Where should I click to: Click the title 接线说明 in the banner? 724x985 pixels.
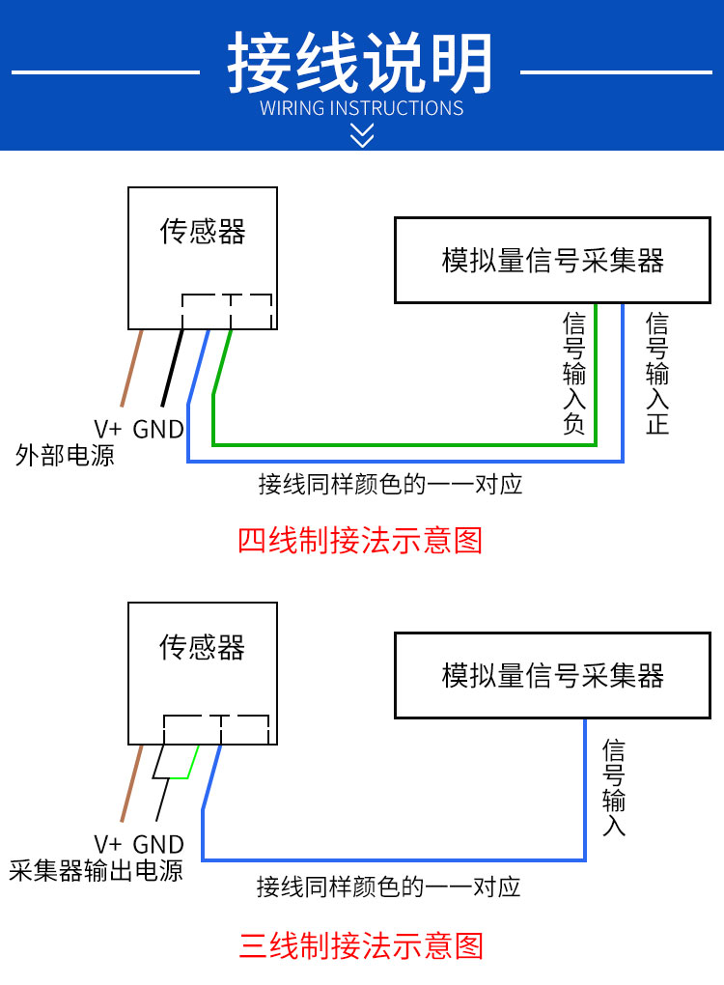pos(360,63)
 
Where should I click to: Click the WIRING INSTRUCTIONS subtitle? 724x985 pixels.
pos(362,108)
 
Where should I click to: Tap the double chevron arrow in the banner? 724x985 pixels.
pos(362,135)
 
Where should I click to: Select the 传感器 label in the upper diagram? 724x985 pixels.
pos(202,231)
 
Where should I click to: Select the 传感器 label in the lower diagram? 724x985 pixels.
pos(202,647)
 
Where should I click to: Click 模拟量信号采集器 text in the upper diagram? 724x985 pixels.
pos(552,260)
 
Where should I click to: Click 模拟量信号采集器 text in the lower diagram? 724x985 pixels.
pos(552,675)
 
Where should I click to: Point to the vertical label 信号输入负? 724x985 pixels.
pos(574,373)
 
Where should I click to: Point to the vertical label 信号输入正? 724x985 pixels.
pos(657,373)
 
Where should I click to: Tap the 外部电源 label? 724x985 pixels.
pos(65,455)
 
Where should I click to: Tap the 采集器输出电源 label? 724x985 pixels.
pos(97,871)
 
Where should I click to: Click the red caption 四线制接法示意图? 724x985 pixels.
pos(360,540)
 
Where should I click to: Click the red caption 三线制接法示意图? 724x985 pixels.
pos(361,946)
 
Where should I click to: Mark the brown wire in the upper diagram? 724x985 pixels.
pos(132,368)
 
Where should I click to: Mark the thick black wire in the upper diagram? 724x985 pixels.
pos(173,368)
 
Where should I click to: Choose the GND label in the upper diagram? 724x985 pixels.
pos(158,430)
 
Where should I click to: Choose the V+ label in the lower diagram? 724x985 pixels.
pos(107,844)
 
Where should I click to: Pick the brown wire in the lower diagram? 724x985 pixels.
pos(132,783)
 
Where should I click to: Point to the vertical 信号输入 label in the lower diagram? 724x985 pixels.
pos(614,788)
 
